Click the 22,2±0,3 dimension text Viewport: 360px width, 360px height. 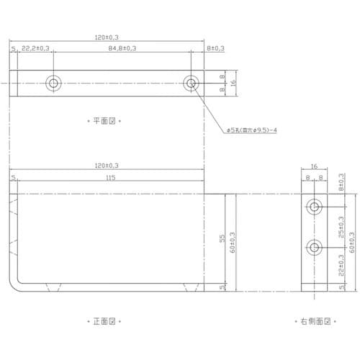pos(35,49)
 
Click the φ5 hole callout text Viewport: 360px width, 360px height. pos(252,130)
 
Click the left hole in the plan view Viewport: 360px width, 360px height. pos(53,83)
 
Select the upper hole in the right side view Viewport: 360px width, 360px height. pos(315,208)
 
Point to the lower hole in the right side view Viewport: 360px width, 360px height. pos(315,248)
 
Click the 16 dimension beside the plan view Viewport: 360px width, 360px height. pos(233,83)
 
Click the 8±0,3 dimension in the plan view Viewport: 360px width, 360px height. pos(215,49)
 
